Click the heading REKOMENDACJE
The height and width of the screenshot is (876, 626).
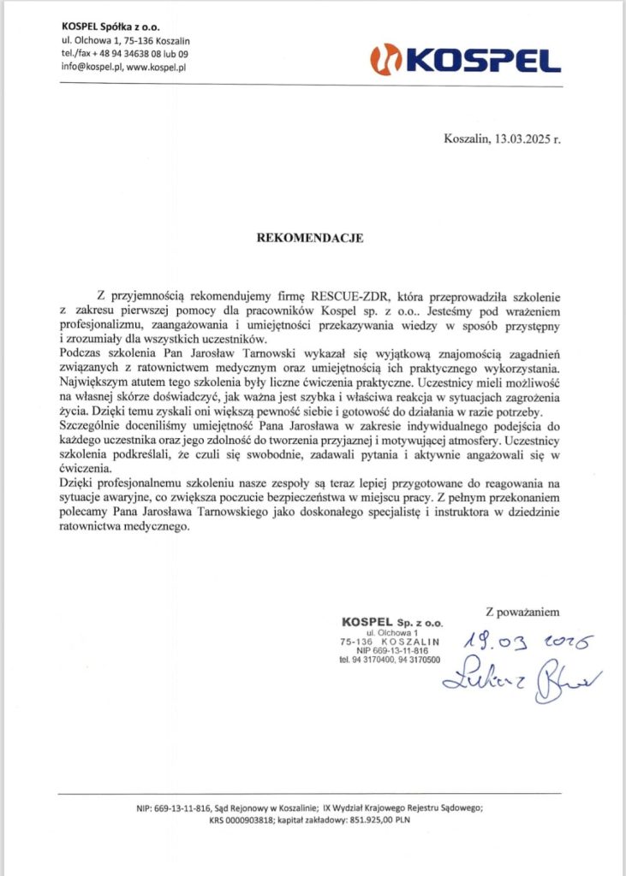pyautogui.click(x=310, y=239)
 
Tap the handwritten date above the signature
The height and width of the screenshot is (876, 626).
pyautogui.click(x=522, y=642)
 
